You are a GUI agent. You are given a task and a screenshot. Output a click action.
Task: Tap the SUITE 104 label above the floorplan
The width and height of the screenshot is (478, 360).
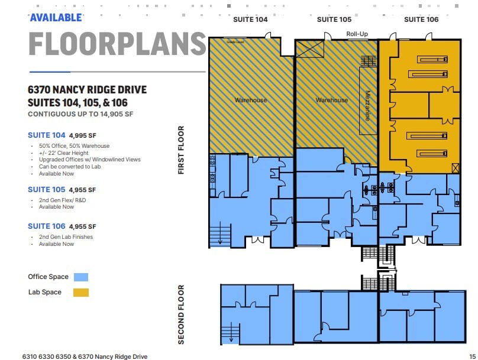pos(250,20)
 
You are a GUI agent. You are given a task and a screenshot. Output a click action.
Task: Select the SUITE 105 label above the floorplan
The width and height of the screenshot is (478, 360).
pos(334,20)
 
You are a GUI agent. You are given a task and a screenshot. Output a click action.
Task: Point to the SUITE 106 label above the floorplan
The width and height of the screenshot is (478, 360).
pos(421,20)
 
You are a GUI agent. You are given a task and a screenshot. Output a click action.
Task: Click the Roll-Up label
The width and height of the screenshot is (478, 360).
pos(357,34)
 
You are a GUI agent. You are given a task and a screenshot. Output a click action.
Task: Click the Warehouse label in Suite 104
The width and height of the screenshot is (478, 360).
pos(251,100)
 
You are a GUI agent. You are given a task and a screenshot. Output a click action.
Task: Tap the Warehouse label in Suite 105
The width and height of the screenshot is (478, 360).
pos(332,100)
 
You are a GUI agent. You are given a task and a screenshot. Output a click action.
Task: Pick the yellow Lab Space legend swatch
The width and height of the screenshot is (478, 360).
pos(81,292)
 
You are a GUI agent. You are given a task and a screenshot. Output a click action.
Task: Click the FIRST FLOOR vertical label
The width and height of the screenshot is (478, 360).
pos(181,150)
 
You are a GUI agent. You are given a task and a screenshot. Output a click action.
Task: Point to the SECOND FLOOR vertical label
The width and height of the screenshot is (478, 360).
pos(181,314)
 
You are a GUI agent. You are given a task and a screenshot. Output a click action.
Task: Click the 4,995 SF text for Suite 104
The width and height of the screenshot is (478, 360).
pos(82,135)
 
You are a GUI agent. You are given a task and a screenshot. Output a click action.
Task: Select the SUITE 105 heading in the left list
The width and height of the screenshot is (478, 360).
pos(46,190)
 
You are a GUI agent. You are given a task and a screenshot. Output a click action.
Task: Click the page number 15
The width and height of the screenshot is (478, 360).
pos(471,356)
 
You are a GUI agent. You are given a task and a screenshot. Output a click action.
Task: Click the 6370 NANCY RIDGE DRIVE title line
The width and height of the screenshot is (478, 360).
pos(87,90)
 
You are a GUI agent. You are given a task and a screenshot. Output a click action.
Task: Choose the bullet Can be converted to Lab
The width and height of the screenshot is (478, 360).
pos(70,167)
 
